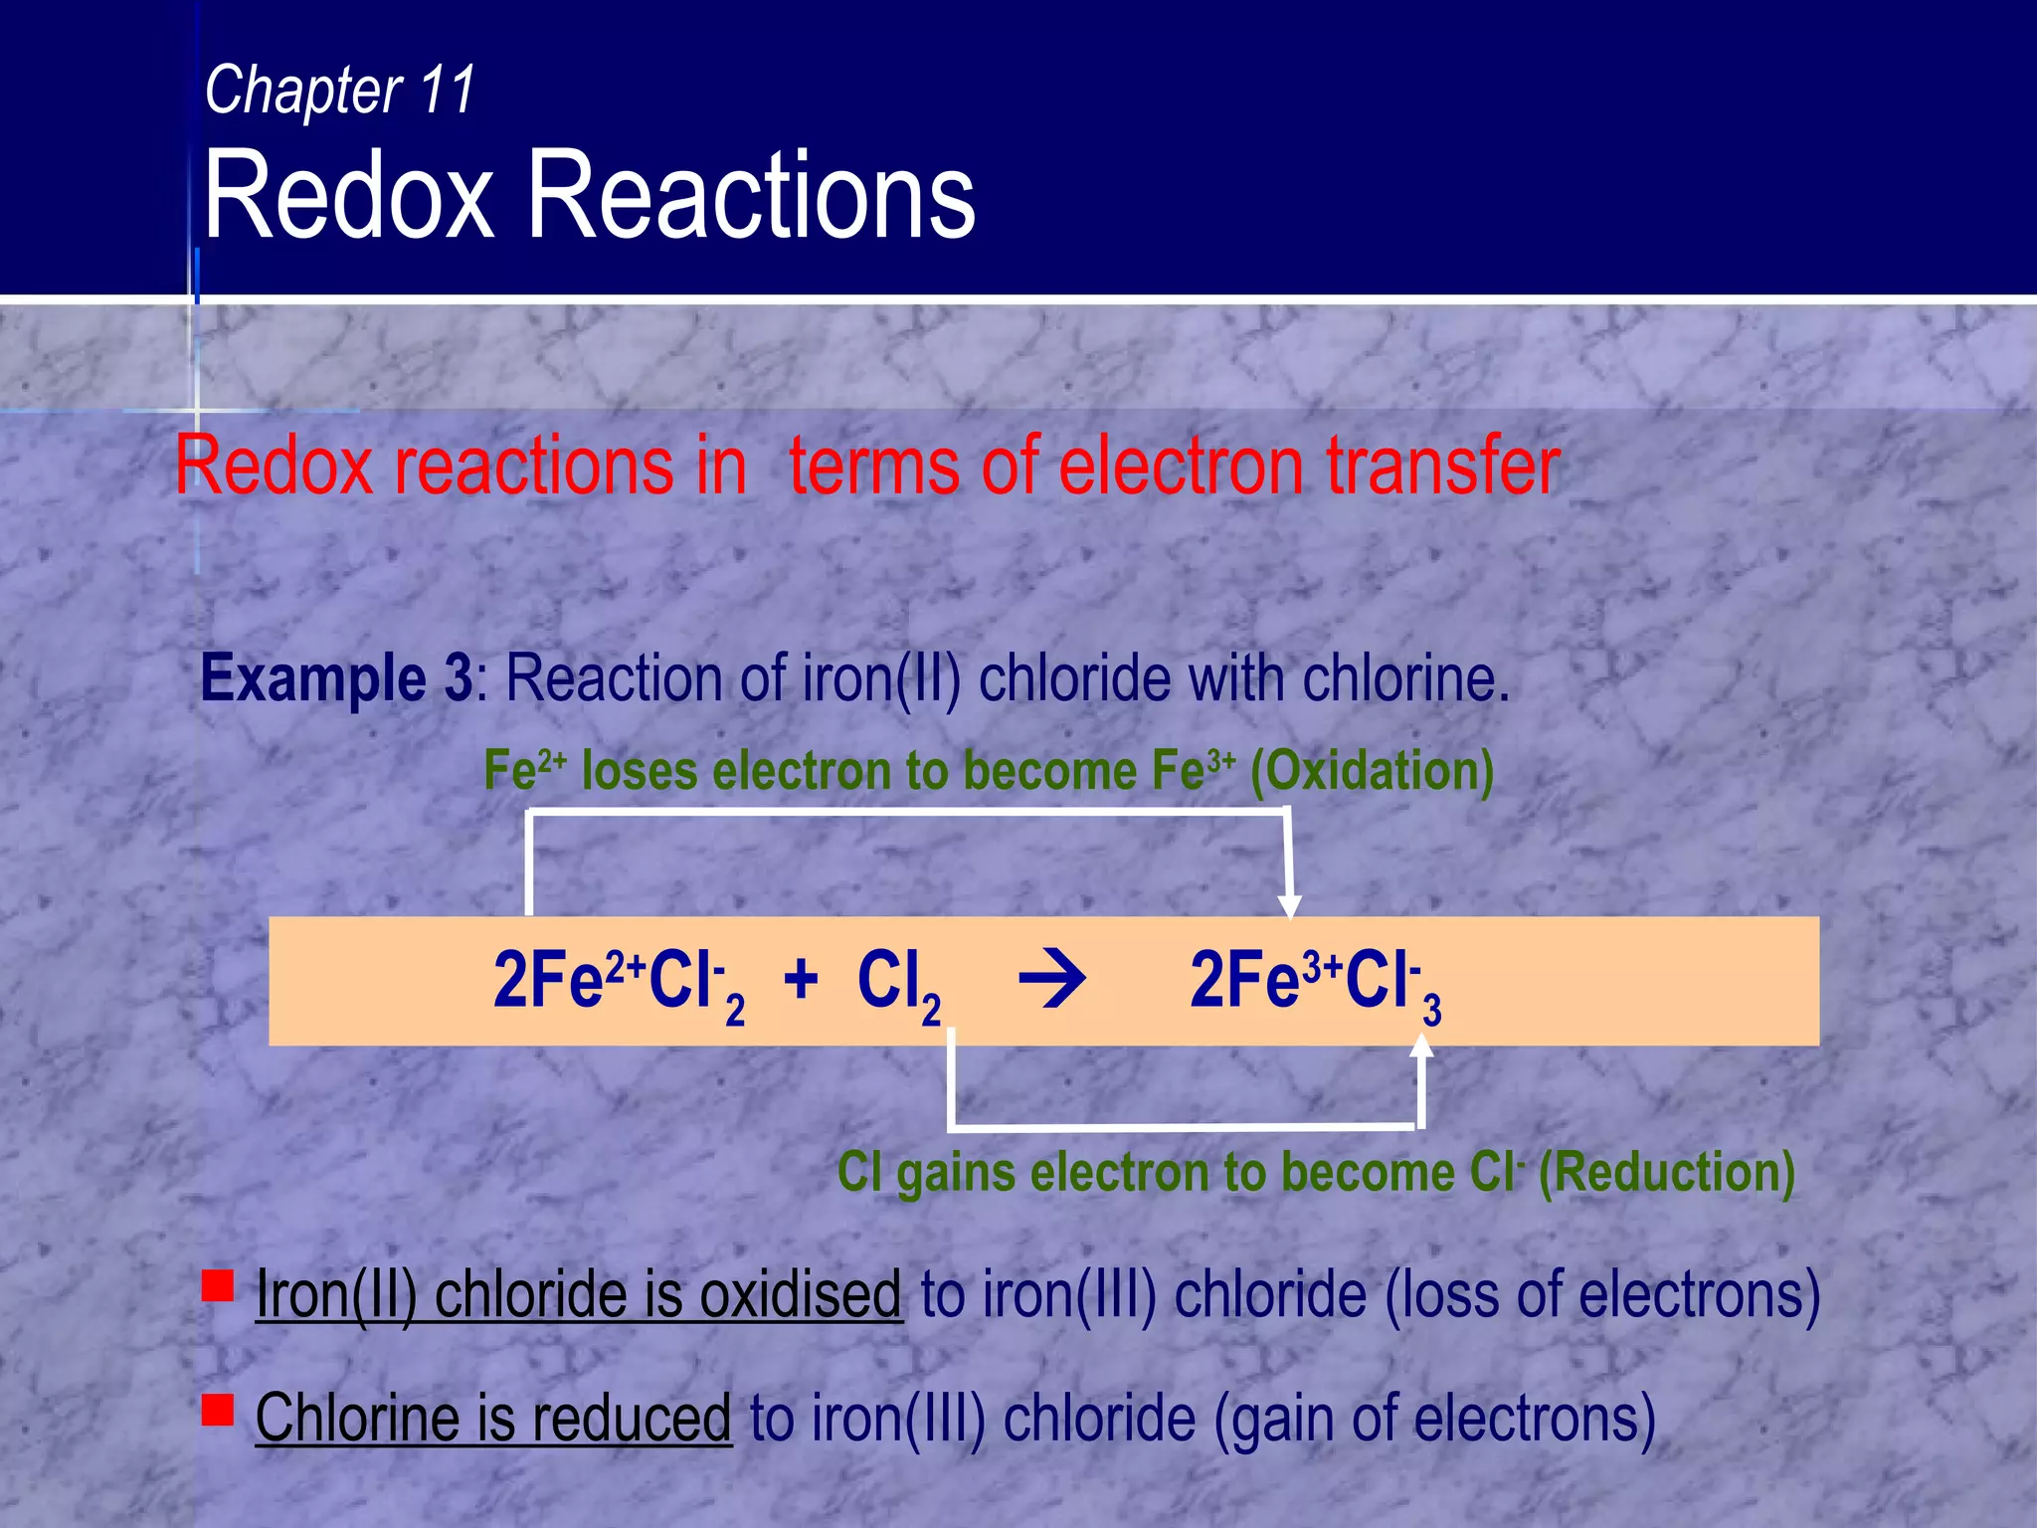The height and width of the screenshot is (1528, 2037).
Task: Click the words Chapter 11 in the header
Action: coord(339,91)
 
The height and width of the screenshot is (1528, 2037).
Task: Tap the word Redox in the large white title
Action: coord(348,195)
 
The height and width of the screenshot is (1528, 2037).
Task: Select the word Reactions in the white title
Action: coord(751,195)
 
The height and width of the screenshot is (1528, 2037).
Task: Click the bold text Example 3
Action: coord(336,679)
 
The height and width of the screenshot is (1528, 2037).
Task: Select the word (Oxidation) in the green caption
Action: coord(1372,771)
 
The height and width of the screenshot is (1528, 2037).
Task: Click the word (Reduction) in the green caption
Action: coord(1666,1172)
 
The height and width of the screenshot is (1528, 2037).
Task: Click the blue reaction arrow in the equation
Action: coord(1052,981)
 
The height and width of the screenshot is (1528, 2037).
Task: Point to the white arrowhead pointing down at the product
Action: coord(1290,905)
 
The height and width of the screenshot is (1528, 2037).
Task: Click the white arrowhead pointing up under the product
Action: coord(1422,1045)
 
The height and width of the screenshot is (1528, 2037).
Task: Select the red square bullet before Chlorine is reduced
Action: coord(217,1410)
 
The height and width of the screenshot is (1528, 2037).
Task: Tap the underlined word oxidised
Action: coord(800,1295)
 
